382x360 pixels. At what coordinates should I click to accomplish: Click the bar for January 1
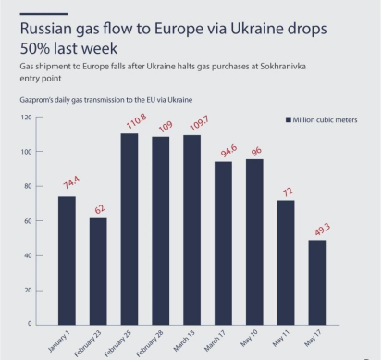[x=67, y=260]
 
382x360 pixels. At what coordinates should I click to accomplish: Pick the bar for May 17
[x=316, y=281]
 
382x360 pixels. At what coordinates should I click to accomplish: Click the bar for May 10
[x=254, y=242]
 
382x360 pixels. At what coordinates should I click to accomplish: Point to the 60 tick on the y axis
[x=28, y=221]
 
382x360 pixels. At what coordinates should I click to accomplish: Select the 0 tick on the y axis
[x=30, y=324]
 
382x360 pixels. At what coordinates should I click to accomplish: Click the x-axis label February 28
[x=152, y=341]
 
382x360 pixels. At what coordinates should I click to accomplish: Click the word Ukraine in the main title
[x=257, y=29]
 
